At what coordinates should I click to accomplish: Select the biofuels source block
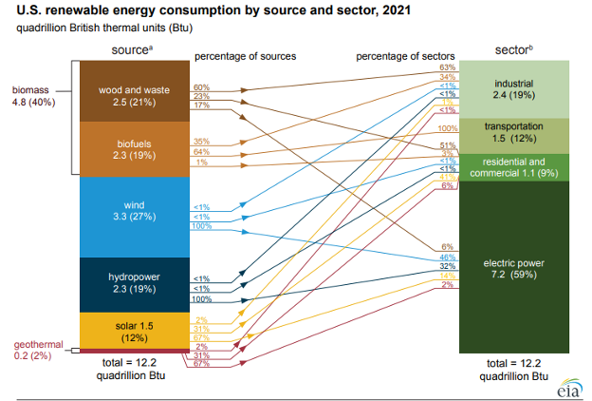coord(134,149)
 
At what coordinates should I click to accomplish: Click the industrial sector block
coord(513,88)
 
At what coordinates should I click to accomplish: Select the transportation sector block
coord(513,134)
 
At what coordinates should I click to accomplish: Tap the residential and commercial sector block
coord(513,167)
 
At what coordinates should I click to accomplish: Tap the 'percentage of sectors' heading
coord(405,56)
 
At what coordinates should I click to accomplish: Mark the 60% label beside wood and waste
coord(201,86)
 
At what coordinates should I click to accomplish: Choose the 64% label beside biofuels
coord(201,151)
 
